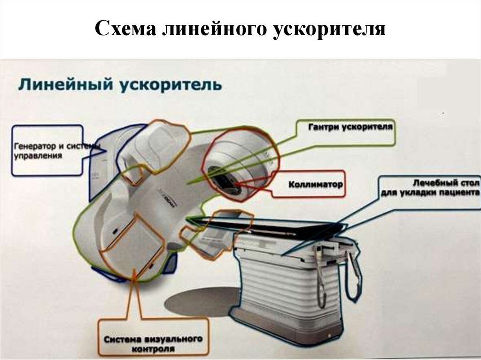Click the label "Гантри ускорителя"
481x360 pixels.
pos(350,127)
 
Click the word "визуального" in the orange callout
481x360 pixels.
pos(176,339)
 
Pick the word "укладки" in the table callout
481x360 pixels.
pos(422,193)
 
